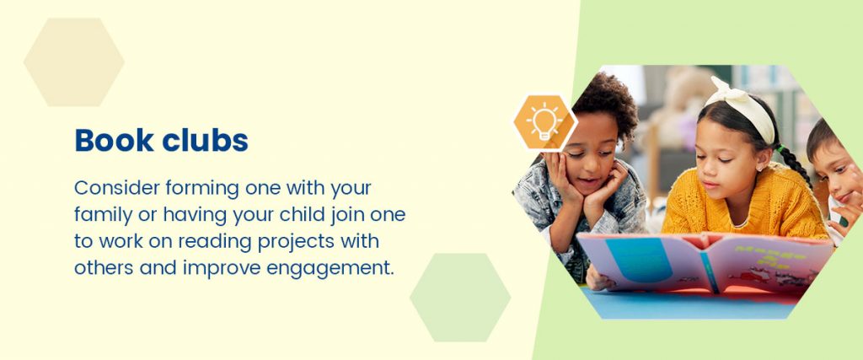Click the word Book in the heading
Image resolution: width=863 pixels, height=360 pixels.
[x=114, y=140]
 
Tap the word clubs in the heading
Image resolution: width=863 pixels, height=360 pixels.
[x=205, y=140]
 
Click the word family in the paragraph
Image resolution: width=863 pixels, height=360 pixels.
[x=104, y=215]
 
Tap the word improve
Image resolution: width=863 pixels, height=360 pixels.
[x=222, y=269]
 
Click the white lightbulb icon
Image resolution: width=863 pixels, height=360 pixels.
[x=544, y=121]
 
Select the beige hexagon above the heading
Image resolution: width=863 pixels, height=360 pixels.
[x=74, y=62]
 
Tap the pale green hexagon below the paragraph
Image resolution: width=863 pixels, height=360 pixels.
[x=460, y=298]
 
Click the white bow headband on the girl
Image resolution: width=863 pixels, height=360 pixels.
[x=742, y=108]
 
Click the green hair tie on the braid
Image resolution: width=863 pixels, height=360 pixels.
[x=780, y=148]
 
